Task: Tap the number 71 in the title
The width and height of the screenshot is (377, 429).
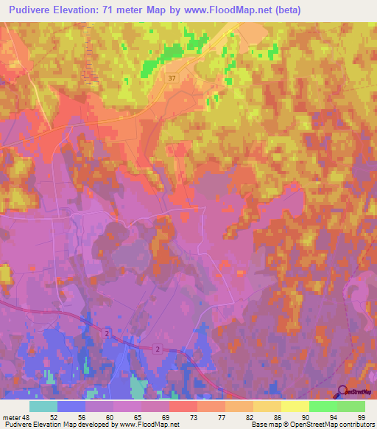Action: [120, 10]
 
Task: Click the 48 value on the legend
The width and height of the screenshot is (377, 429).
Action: [26, 416]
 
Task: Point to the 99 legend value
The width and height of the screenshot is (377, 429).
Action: [361, 416]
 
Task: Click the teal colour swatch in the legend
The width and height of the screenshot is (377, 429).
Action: [43, 406]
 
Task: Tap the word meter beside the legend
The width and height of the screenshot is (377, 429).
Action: [11, 416]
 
